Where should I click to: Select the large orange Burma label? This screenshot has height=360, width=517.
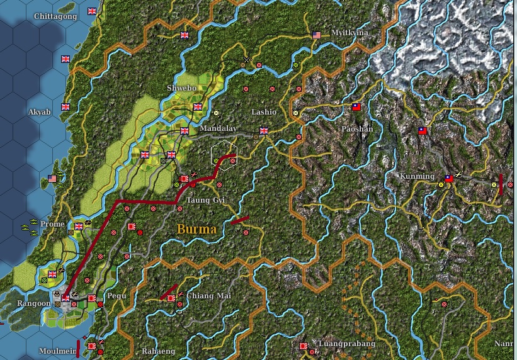coord(197,229)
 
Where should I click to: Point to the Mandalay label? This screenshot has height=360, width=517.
coord(218,128)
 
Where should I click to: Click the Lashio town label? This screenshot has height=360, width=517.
coord(264,112)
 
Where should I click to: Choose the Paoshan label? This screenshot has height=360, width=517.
coord(357,129)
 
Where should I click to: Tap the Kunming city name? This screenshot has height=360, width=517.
coord(417,176)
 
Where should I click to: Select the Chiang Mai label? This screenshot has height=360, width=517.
coord(206,296)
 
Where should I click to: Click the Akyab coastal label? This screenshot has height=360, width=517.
coord(40,112)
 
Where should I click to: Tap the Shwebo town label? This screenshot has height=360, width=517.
coord(181,87)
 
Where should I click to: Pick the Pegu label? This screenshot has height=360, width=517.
coord(118,295)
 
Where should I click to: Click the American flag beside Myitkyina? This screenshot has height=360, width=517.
coord(317,35)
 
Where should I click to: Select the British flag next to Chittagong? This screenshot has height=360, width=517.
coord(93,11)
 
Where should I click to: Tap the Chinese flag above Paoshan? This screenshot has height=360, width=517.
coord(356,107)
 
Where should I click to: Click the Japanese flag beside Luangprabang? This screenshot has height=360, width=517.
coord(304,346)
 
